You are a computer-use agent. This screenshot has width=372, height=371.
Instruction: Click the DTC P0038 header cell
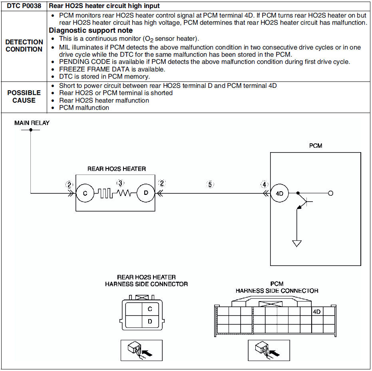pyautogui.click(x=24, y=6)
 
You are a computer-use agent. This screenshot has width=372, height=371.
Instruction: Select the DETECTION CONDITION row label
pyautogui.click(x=24, y=46)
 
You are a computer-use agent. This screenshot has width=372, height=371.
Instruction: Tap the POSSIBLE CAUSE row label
pyautogui.click(x=24, y=97)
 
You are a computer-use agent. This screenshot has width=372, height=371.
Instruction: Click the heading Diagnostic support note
pyautogui.click(x=91, y=30)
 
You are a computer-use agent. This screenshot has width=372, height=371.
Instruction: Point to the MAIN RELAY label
pyautogui.click(x=32, y=123)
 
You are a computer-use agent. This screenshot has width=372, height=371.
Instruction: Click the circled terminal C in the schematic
pyautogui.click(x=85, y=193)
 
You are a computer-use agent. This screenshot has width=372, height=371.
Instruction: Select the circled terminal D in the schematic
pyautogui.click(x=146, y=193)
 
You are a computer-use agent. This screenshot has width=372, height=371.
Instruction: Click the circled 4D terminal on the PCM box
pyautogui.click(x=279, y=193)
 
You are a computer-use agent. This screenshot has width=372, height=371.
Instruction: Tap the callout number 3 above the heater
pyautogui.click(x=121, y=183)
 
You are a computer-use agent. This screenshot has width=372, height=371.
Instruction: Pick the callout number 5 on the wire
pyautogui.click(x=210, y=184)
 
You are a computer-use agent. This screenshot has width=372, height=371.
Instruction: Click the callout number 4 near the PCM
pyautogui.click(x=264, y=184)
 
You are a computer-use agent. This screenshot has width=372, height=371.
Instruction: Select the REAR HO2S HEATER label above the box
pyautogui.click(x=117, y=169)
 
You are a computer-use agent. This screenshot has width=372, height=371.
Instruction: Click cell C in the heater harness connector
pyautogui.click(x=150, y=309)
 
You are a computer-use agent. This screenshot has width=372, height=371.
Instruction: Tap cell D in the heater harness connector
pyautogui.click(x=150, y=321)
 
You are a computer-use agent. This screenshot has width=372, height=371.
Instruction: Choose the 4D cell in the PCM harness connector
pyautogui.click(x=317, y=311)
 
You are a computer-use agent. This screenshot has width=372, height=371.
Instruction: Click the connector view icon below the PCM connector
pyautogui.click(x=269, y=350)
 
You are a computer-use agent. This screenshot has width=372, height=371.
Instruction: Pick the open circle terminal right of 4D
pyautogui.click(x=330, y=193)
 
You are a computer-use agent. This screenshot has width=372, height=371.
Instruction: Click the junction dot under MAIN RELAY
pyautogui.click(x=31, y=130)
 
